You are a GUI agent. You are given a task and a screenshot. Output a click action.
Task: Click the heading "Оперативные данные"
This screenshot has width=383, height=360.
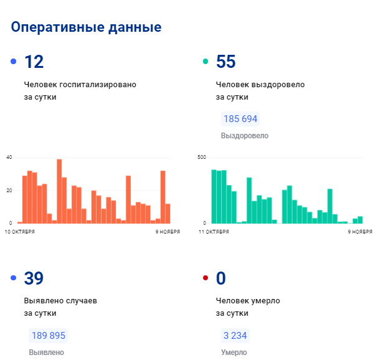tap(86, 27)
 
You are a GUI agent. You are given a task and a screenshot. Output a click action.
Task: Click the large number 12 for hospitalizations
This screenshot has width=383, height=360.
tap(34, 62)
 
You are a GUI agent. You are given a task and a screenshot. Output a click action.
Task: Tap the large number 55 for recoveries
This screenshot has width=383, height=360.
tap(225, 62)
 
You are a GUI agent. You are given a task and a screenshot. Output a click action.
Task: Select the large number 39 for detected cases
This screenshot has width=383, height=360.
tap(34, 278)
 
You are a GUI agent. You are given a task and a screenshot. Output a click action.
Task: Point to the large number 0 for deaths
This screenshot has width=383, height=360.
tap(220, 278)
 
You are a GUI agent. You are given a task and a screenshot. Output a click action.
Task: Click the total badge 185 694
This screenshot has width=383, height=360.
tap(240, 119)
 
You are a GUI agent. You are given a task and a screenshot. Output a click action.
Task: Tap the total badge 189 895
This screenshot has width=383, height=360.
tap(48, 336)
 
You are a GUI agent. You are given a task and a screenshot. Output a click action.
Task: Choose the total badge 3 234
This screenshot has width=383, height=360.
tap(235, 336)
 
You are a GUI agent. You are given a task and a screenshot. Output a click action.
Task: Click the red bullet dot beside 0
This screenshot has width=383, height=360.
tap(206, 278)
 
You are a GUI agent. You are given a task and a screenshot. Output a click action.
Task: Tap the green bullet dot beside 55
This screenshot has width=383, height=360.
tap(206, 62)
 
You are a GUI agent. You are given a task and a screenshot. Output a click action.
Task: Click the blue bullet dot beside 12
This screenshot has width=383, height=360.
tap(14, 62)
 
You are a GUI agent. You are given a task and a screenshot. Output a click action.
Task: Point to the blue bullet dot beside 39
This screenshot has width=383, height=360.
tap(14, 278)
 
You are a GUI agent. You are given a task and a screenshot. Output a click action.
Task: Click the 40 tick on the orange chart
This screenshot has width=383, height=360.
tap(9, 157)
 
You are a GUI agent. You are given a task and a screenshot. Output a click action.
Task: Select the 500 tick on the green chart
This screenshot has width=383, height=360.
tap(201, 157)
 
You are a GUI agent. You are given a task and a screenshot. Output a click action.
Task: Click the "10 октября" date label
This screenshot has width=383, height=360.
tap(20, 231)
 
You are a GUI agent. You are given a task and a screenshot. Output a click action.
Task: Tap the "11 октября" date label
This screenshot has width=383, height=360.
tap(214, 231)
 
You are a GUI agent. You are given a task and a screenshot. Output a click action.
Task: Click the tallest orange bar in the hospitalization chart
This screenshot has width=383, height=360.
tap(59, 191)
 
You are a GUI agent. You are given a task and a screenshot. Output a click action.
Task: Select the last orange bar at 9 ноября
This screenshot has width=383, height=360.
tap(168, 213)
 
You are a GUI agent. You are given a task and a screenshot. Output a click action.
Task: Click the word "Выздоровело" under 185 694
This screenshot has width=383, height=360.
tap(244, 135)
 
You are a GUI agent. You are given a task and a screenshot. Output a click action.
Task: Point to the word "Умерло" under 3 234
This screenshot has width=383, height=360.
tap(234, 352)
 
